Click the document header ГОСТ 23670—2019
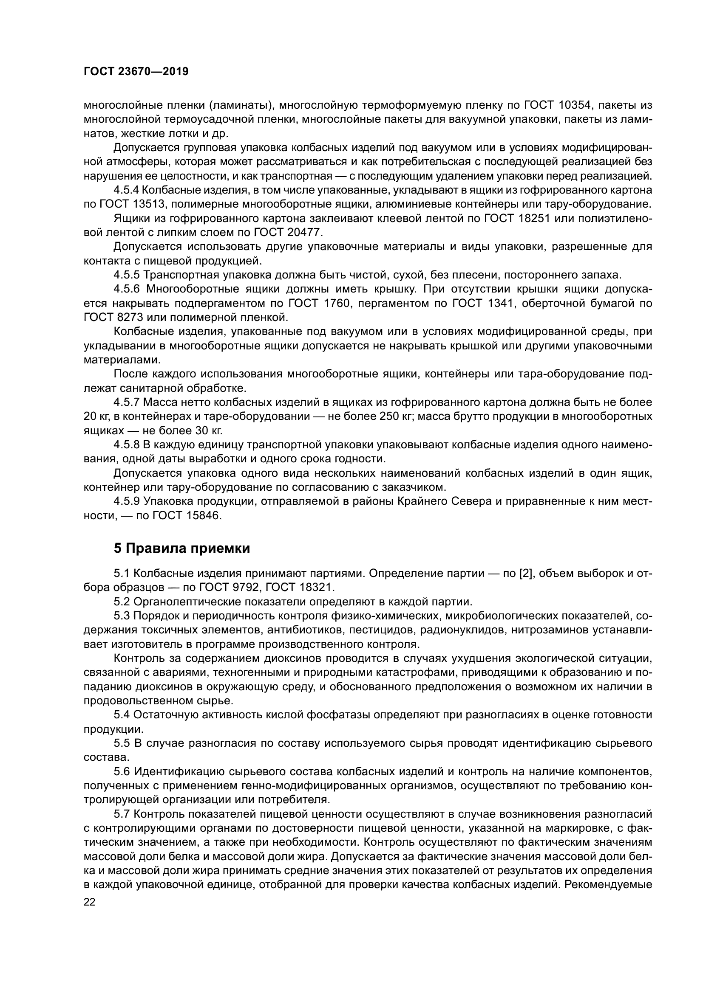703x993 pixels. coord(136,72)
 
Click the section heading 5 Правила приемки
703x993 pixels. coord(182,549)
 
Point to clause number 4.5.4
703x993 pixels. coord(126,190)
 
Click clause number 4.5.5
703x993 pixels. coord(126,275)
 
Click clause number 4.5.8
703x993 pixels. coord(126,444)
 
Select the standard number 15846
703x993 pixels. coord(203,515)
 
